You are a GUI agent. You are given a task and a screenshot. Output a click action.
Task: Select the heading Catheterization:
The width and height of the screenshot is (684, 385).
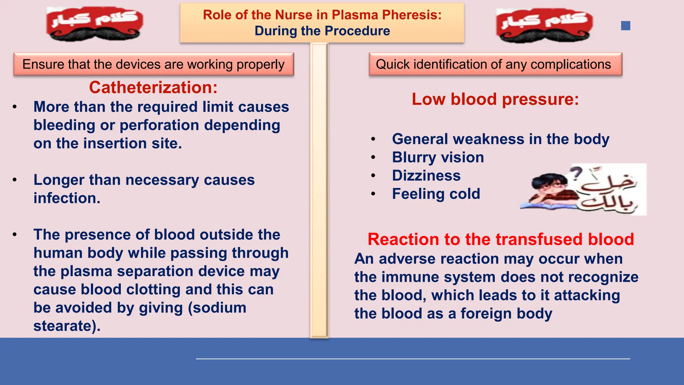click(153, 88)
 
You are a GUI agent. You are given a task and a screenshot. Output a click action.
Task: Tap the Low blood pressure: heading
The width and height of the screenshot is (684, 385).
click(495, 99)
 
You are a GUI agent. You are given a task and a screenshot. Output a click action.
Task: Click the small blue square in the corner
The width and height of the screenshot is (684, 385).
click(626, 26)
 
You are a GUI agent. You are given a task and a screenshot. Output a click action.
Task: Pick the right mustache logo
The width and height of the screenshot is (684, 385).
click(544, 25)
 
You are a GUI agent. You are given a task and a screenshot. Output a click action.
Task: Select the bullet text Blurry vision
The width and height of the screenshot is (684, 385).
click(438, 157)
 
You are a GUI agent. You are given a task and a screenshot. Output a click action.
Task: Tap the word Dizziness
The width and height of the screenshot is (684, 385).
click(426, 176)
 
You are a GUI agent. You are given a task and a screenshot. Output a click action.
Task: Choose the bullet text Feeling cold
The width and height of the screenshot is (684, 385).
click(436, 194)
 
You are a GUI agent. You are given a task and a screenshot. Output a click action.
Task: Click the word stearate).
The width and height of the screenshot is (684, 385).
click(67, 326)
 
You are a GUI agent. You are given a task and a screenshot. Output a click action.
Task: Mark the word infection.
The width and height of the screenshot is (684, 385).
click(67, 198)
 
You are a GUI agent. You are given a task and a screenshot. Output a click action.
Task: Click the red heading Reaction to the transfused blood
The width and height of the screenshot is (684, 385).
click(501, 239)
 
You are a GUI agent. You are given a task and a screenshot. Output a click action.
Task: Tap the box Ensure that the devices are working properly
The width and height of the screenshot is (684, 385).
click(153, 64)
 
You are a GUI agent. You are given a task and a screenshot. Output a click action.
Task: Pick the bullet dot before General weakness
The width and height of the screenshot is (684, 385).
click(373, 139)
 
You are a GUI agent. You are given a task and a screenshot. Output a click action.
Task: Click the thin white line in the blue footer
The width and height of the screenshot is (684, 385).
click(413, 359)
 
